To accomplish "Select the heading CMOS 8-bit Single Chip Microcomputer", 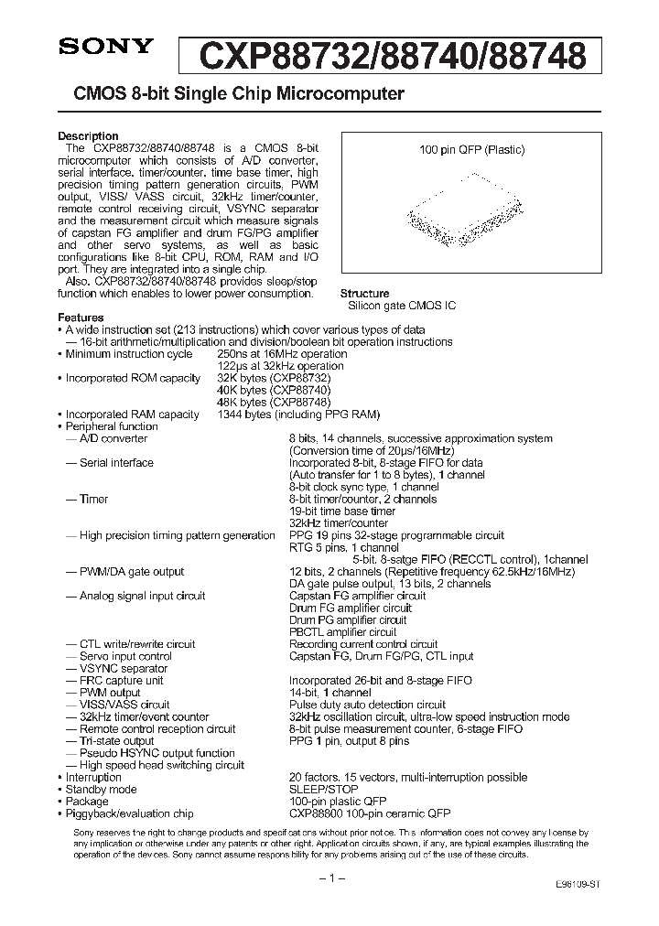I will [232, 93].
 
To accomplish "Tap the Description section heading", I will [88, 136].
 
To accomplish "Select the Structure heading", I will [365, 294].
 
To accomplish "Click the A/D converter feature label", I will [113, 438].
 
